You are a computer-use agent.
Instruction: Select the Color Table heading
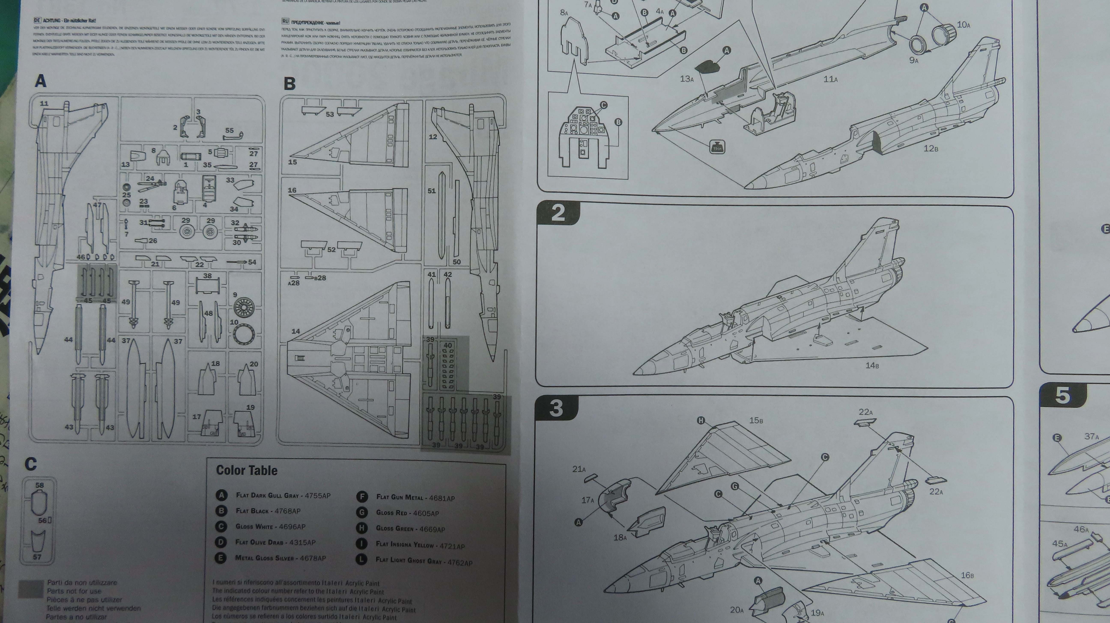tap(246, 470)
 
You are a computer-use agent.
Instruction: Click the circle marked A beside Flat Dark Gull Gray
tap(221, 495)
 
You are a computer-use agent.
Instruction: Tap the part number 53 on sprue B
tap(330, 114)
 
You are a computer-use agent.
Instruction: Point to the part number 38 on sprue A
tap(207, 276)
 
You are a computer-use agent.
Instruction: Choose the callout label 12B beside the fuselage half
tap(931, 148)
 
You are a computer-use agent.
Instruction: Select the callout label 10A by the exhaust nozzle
tap(964, 25)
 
